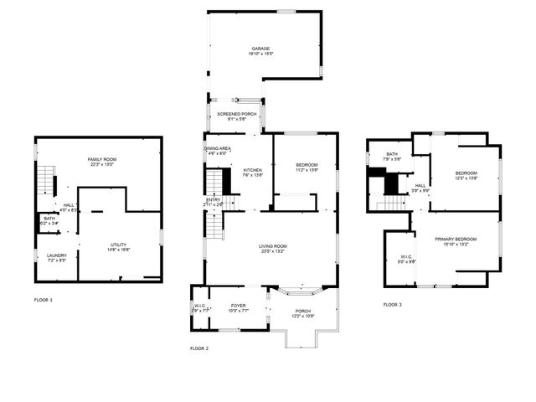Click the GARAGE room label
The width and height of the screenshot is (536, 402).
click(260, 49)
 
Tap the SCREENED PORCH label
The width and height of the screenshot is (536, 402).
click(236, 114)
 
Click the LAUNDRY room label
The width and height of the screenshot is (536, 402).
click(56, 255)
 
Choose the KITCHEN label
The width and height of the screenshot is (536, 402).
click(252, 170)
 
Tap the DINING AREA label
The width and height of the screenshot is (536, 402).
click(217, 148)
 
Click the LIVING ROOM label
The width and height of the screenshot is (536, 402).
click(272, 245)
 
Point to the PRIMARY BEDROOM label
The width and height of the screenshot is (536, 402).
click(456, 240)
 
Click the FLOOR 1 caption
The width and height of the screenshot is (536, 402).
click(43, 299)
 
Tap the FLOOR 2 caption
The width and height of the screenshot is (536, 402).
click(199, 348)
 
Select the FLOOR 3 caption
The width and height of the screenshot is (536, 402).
click(392, 305)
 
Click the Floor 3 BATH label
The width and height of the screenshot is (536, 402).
click(392, 154)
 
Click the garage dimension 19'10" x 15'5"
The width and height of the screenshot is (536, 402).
click(260, 54)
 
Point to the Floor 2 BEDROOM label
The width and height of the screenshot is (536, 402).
click(307, 165)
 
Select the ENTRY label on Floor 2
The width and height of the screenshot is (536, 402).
click(214, 199)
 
